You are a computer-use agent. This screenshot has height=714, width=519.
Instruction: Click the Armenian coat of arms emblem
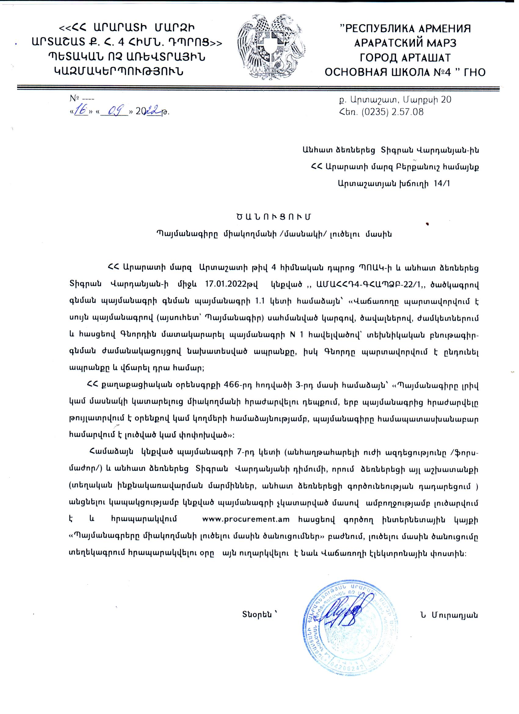(x=272, y=47)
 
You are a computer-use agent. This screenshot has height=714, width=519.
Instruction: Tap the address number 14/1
(x=441, y=184)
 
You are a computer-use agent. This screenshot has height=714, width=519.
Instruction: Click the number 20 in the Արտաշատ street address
(x=446, y=100)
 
